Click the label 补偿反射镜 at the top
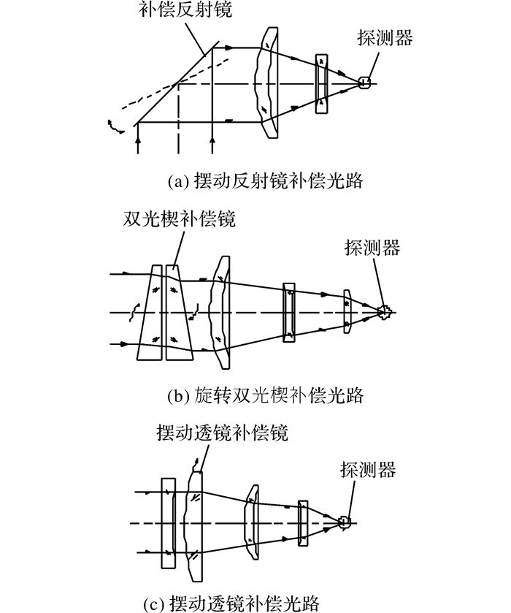[185, 9]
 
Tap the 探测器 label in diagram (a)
[385, 38]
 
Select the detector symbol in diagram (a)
[364, 83]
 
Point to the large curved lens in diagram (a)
[267, 83]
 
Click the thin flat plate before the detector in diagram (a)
[321, 84]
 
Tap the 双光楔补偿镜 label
[180, 219]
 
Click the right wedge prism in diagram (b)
[179, 313]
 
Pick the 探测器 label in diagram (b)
[372, 248]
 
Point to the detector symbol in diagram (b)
[385, 312]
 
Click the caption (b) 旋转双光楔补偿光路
[266, 395]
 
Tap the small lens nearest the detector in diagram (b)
[347, 311]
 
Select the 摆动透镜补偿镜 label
[223, 433]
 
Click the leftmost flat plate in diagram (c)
[169, 523]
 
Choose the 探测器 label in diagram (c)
[368, 469]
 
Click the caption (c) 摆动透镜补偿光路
[231, 604]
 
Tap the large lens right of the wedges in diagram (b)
[220, 313]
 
